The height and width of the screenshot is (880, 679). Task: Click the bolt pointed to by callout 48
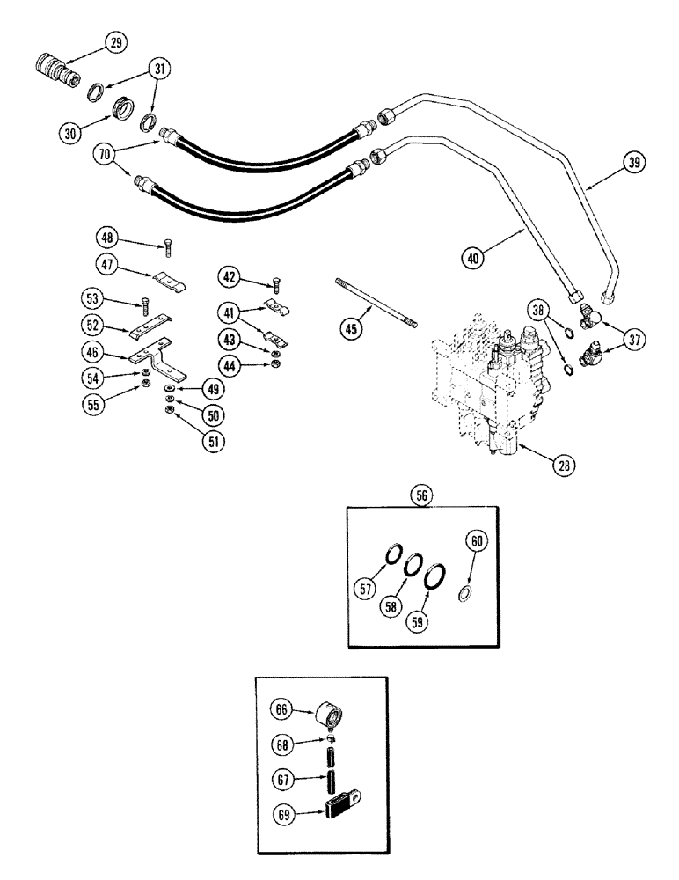click(168, 252)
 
